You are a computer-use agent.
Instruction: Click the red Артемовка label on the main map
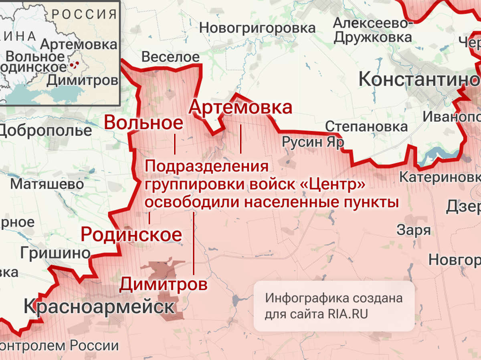pyautogui.click(x=240, y=108)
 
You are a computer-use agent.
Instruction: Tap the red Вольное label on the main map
pyautogui.click(x=143, y=123)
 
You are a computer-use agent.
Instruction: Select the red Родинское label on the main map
pyautogui.click(x=131, y=234)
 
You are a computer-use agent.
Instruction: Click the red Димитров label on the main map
pyautogui.click(x=164, y=284)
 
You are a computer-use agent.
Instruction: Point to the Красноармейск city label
pyautogui.click(x=99, y=307)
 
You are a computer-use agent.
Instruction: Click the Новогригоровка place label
pyautogui.click(x=257, y=28)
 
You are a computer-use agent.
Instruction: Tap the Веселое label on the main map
pyautogui.click(x=170, y=57)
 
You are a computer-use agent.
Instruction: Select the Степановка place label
pyautogui.click(x=366, y=127)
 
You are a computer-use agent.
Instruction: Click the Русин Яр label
pyautogui.click(x=313, y=142)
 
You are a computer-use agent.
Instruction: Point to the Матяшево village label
pyautogui.click(x=47, y=184)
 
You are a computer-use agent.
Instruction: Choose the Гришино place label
pyautogui.click(x=55, y=253)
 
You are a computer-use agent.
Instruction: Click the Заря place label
pyautogui.click(x=414, y=230)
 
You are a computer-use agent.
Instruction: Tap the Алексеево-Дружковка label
pyautogui.click(x=373, y=30)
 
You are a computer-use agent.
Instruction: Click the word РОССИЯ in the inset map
pyautogui.click(x=84, y=14)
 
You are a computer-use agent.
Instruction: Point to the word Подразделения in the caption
pyautogui.click(x=206, y=167)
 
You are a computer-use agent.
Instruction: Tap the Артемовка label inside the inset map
pyautogui.click(x=79, y=44)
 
